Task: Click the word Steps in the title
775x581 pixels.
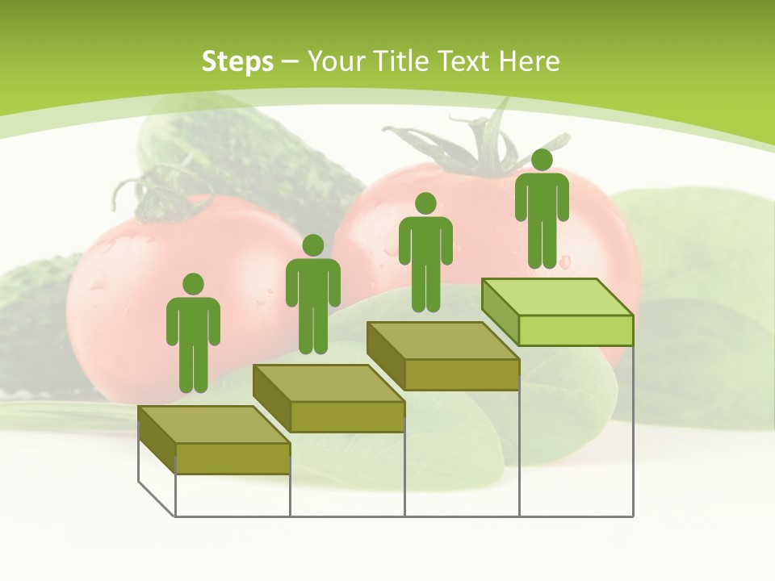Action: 237,61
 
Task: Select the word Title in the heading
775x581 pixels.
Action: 401,61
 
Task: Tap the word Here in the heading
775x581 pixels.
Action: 529,61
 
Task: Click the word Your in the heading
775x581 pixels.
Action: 335,61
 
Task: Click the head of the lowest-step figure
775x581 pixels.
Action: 193,284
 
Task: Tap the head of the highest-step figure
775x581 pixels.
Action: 542,160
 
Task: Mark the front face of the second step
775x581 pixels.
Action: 347,416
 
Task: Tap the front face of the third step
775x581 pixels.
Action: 461,374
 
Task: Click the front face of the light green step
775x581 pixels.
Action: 576,330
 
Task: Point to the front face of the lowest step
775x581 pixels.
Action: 232,458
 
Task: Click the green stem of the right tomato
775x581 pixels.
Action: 476,145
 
